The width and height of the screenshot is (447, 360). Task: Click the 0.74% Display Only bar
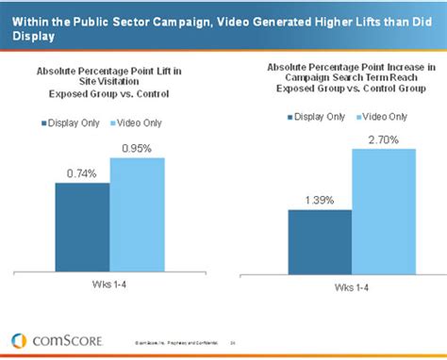coord(83,226)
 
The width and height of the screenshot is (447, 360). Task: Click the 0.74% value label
coord(82,172)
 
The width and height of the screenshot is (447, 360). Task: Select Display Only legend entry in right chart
coord(322,116)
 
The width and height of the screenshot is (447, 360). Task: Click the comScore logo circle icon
coord(18,340)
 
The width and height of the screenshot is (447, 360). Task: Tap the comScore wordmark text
coord(62,340)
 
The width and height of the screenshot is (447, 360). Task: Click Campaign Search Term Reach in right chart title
coord(351,80)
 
